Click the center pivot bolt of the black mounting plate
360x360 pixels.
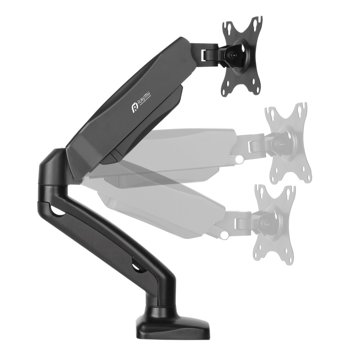(x=233, y=55)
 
